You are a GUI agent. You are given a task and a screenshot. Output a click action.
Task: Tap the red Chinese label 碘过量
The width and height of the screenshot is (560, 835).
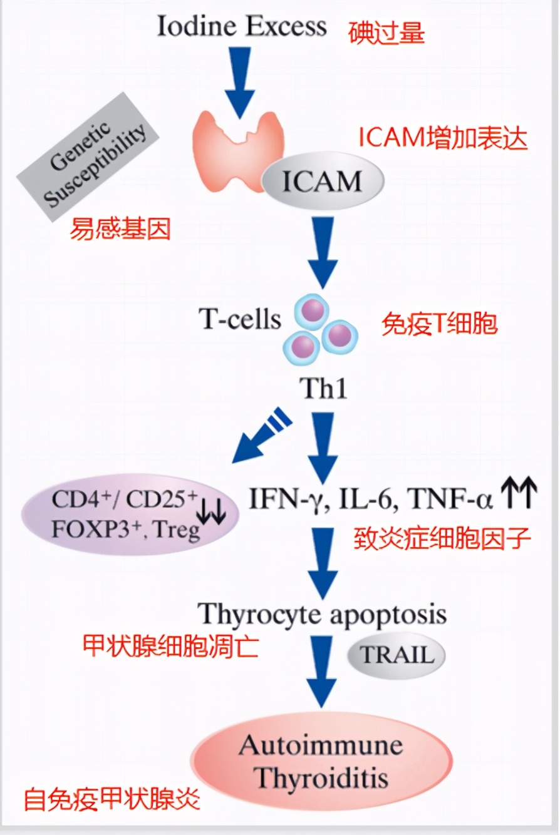click(x=386, y=32)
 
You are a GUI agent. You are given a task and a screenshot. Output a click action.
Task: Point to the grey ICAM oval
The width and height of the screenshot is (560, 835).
click(x=322, y=182)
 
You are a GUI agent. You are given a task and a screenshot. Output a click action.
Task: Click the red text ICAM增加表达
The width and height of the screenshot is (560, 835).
click(x=443, y=139)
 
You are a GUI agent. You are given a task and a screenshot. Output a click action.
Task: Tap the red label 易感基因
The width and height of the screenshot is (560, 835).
click(x=120, y=230)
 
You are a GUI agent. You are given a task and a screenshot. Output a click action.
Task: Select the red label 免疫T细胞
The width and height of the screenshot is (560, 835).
click(x=439, y=324)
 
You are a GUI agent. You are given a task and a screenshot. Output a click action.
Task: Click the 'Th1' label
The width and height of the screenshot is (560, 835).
click(x=325, y=389)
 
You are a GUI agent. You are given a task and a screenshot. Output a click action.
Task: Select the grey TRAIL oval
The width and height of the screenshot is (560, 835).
click(x=396, y=655)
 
